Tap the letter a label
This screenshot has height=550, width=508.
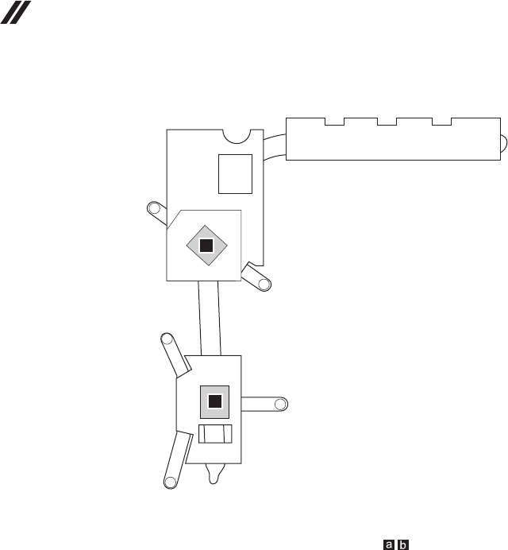(389, 544)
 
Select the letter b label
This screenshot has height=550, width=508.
(403, 544)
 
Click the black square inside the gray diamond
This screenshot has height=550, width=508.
(206, 244)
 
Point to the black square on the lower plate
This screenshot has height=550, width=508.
(214, 401)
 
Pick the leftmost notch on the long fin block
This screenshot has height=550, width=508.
(334, 122)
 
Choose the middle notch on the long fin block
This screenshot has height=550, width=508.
(387, 122)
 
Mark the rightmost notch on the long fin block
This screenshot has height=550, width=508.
(441, 122)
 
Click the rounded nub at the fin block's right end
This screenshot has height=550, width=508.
(503, 142)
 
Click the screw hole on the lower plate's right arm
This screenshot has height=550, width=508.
(279, 404)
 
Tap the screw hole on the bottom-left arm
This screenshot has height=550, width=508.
(169, 480)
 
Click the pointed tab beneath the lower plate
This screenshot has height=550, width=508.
(214, 474)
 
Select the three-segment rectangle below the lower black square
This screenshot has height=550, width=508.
(215, 435)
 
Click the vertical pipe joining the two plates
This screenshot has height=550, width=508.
(210, 318)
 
